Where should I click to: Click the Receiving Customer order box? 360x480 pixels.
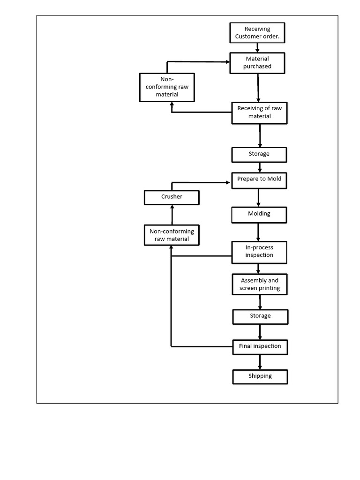click(x=257, y=33)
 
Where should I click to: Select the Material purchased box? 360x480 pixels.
click(x=257, y=63)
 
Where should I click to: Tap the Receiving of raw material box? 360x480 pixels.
click(x=259, y=112)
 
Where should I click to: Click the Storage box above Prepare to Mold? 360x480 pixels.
click(x=259, y=154)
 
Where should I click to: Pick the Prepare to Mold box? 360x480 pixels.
click(x=259, y=180)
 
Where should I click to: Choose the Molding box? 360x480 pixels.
click(x=259, y=214)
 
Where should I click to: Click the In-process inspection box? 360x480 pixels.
click(x=259, y=252)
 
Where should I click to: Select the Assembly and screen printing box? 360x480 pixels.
click(x=260, y=285)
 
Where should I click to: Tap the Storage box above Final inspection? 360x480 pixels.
click(x=260, y=316)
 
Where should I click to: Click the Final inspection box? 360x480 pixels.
click(x=260, y=346)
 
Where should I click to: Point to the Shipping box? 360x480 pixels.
click(x=260, y=376)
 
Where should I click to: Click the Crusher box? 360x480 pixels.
click(x=172, y=197)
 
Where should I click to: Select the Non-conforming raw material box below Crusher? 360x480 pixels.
click(x=172, y=235)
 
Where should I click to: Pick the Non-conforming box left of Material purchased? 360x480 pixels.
click(x=167, y=87)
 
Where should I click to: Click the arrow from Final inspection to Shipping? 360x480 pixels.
click(x=260, y=362)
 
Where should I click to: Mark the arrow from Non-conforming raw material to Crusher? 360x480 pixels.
click(x=172, y=215)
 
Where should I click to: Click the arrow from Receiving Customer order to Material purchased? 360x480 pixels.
click(x=257, y=47)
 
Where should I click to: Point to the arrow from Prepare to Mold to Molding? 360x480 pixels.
click(x=258, y=197)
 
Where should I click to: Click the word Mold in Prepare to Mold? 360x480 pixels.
click(x=273, y=179)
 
